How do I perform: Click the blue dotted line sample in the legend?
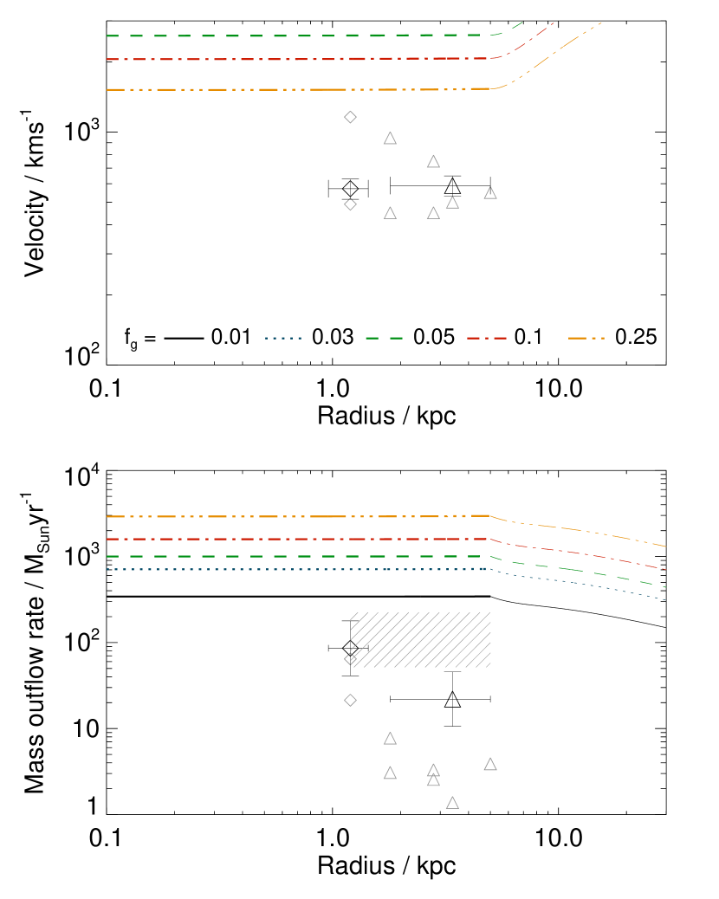283,338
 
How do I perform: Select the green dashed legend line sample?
384,338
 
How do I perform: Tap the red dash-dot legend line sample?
486,338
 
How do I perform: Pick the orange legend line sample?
586,338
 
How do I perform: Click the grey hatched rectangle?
421,640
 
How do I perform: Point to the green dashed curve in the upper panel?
260,36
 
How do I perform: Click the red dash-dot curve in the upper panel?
260,59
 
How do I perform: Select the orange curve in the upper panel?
260,89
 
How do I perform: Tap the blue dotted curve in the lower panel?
260,569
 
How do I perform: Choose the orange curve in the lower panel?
260,516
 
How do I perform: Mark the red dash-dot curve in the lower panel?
260,539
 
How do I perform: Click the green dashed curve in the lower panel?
260,556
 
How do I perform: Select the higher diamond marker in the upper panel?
350,117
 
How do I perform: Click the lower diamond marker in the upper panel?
350,204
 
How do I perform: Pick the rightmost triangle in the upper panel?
490,193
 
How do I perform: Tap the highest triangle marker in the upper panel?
390,139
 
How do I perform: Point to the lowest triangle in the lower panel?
452,804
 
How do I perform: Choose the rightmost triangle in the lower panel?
490,765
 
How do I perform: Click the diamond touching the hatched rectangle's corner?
350,658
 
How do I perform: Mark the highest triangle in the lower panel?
390,739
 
